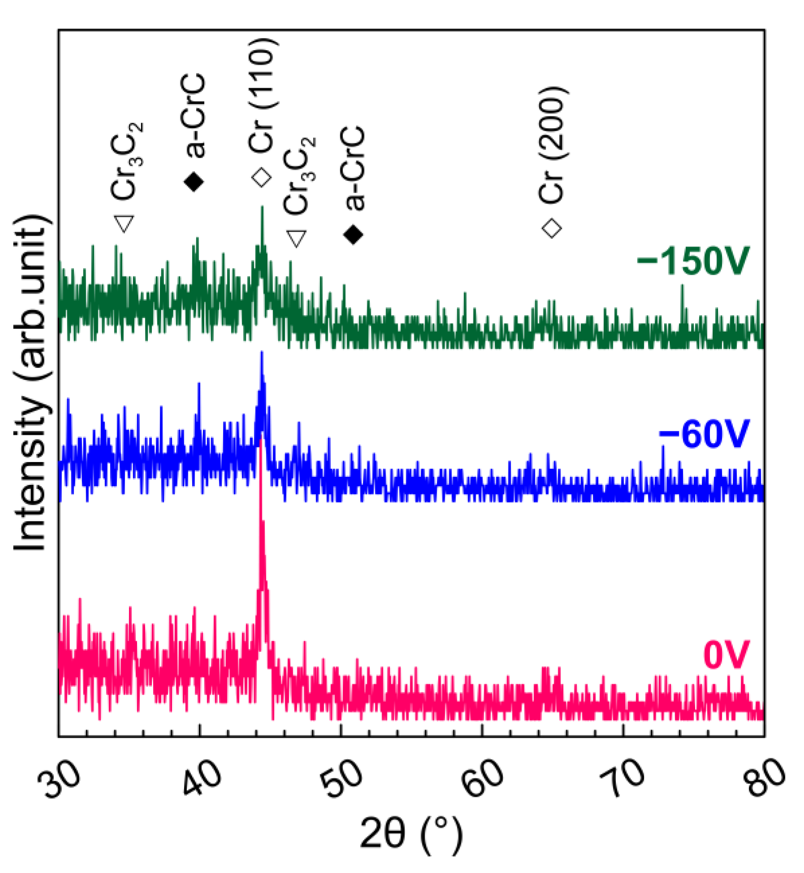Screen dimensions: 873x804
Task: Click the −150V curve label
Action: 692,261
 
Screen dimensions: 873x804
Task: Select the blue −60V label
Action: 703,434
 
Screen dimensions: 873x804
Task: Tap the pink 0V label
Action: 726,655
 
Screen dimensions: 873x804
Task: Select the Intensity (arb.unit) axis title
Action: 30,383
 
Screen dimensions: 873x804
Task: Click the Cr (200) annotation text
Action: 553,146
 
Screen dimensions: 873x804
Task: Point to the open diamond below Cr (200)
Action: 551,228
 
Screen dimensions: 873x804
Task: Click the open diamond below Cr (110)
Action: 262,177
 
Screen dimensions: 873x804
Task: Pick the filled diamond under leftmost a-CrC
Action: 194,182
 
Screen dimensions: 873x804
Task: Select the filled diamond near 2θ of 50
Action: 353,234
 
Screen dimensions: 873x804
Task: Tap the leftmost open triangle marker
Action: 124,224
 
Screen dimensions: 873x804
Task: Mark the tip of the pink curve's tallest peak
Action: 261,438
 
